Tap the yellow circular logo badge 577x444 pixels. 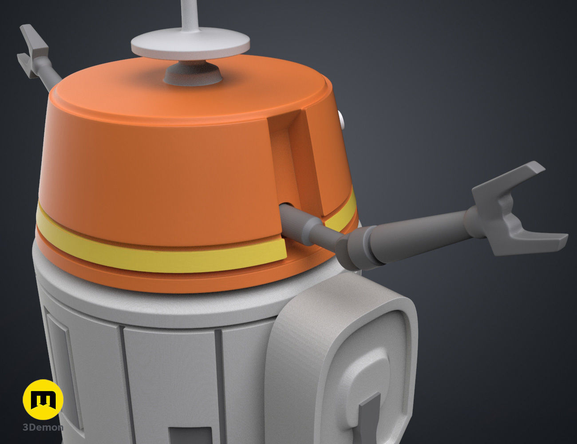(43, 400)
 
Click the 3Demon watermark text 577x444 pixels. (43, 428)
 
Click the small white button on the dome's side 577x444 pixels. (341, 119)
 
